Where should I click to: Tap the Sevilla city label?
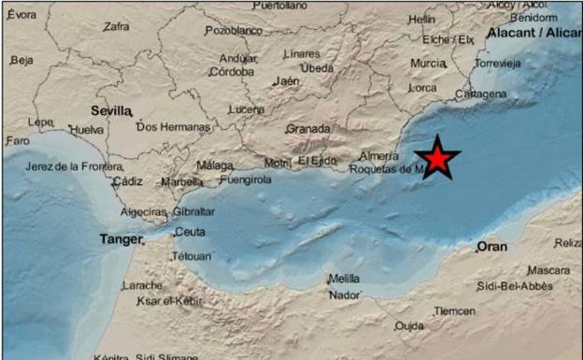110,109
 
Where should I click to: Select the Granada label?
308,129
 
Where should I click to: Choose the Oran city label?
491,247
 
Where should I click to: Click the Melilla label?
344,280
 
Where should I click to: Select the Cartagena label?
481,94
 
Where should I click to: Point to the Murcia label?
428,64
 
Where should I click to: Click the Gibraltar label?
193,211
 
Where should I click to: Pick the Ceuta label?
190,232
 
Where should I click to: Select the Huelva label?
87,130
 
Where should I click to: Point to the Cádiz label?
127,182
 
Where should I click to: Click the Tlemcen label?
455,310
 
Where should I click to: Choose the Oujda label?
408,326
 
